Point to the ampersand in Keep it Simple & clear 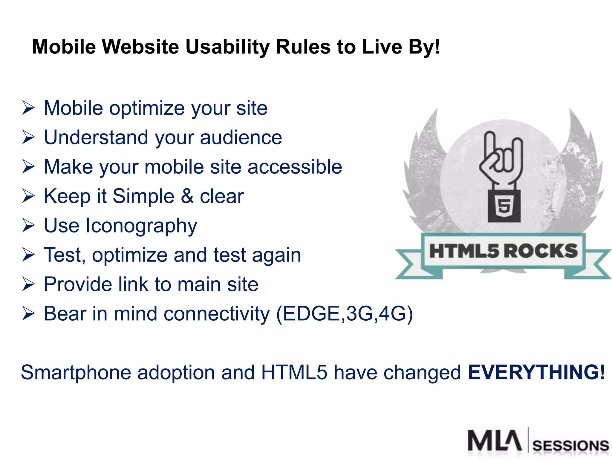(187, 196)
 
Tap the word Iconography (141, 226)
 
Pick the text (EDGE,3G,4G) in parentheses (344, 314)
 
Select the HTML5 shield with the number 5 (504, 206)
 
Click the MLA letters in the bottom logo (495, 440)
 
